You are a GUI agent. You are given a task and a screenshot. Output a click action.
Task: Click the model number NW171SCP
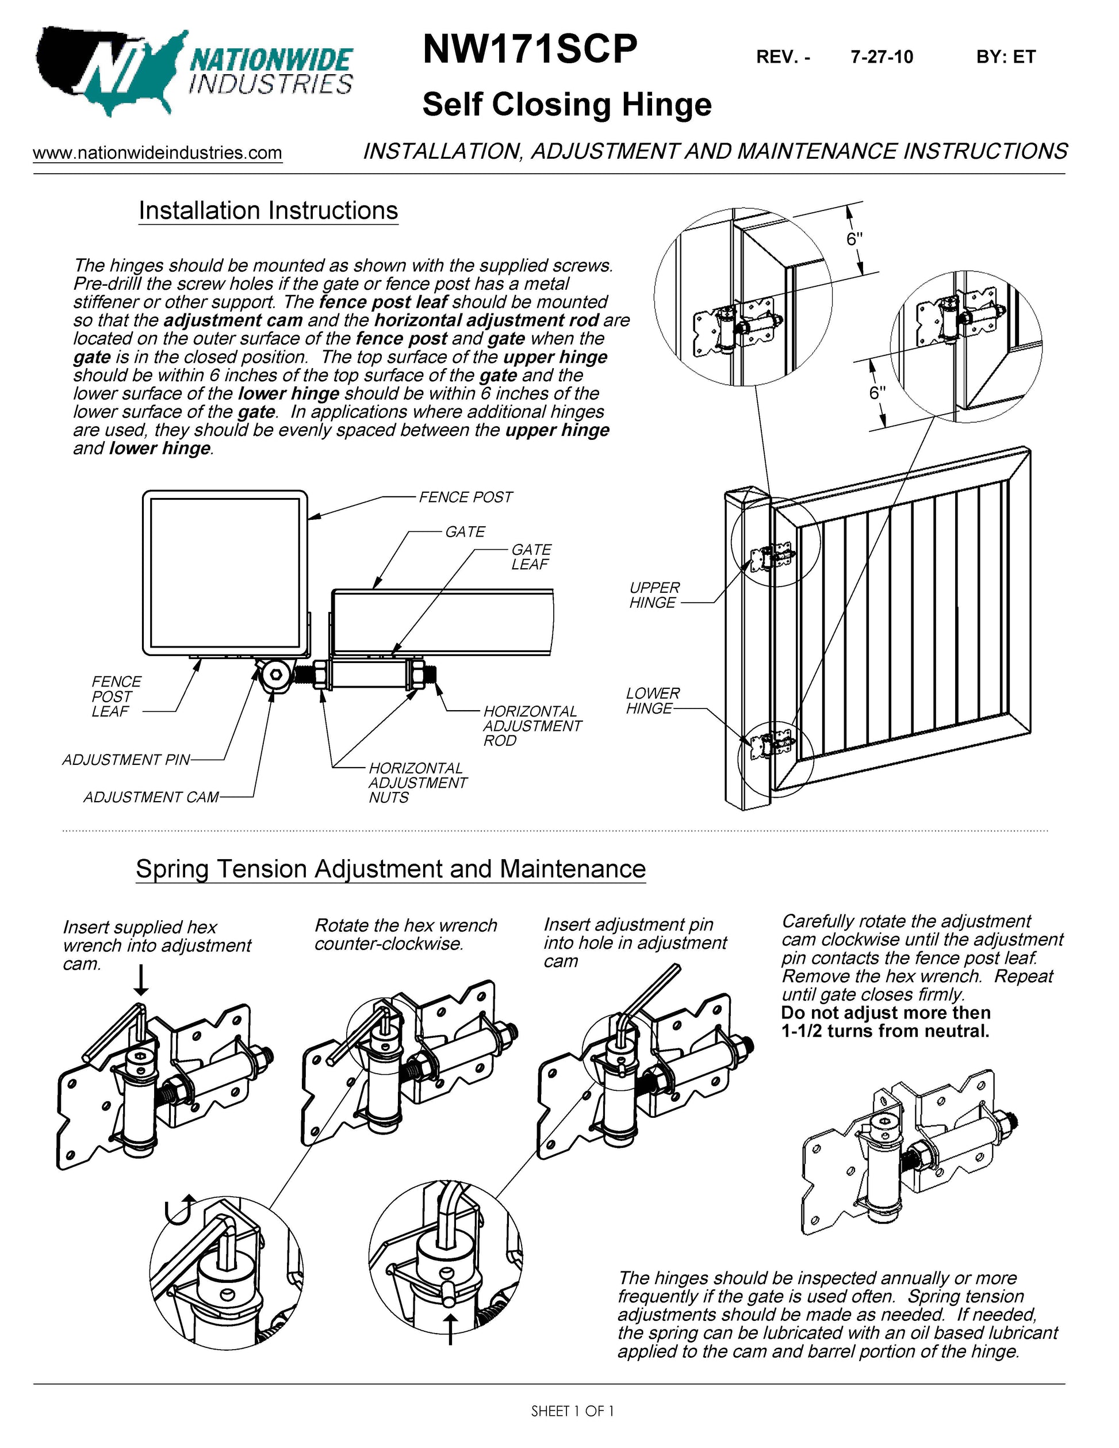coord(530,49)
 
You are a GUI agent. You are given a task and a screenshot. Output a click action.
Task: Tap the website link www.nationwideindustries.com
coord(158,152)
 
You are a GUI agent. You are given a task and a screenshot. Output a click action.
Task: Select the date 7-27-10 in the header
coord(882,57)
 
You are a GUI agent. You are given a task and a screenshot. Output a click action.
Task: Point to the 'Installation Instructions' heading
coord(268,211)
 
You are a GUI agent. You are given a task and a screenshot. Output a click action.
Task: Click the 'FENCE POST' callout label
coord(465,497)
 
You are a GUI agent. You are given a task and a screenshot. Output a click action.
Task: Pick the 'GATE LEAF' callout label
coord(530,557)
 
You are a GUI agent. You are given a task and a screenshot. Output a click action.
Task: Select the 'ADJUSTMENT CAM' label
coord(151,797)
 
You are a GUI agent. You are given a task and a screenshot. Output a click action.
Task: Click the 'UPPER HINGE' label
coord(654,595)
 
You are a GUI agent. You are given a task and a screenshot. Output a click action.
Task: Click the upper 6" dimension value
coord(854,239)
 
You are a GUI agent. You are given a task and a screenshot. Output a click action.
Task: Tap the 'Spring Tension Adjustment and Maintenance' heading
coord(390,868)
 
